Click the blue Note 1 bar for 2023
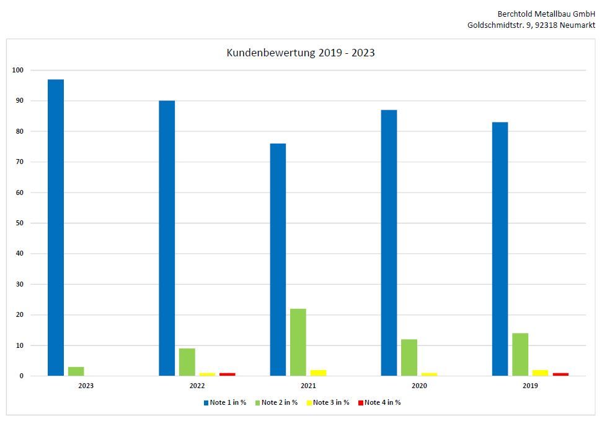56,227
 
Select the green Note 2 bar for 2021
298,342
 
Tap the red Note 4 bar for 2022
227,374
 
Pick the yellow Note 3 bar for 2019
540,373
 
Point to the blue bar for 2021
278,259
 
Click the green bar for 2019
520,354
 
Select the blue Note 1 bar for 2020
389,243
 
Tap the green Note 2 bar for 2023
76,371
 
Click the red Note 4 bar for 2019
560,374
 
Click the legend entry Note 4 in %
382,402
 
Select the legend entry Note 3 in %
330,402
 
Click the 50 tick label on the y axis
19,223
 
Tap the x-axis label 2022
197,386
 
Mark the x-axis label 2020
419,386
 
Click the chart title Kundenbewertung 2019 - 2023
301,53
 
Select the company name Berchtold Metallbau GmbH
546,14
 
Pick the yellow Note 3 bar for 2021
318,373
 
